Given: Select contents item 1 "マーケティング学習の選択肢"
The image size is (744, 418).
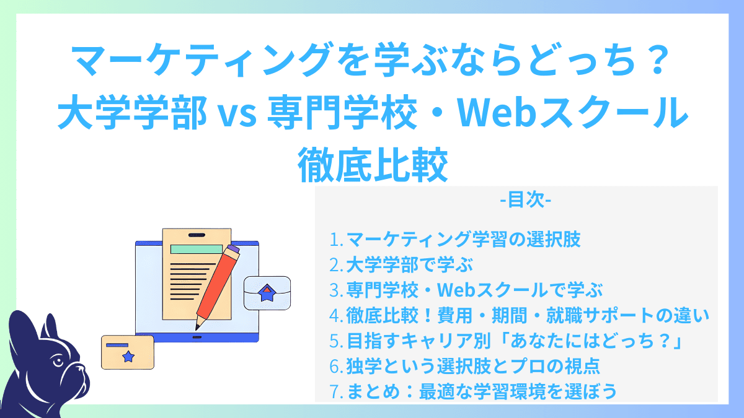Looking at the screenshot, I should click(x=455, y=240).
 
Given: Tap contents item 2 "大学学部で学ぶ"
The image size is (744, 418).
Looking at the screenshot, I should click(x=401, y=266).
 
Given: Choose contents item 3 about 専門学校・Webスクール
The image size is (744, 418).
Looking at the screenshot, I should click(x=466, y=290).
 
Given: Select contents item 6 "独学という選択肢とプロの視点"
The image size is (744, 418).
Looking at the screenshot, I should click(x=464, y=367).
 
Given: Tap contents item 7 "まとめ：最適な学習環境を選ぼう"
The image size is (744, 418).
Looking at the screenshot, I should click(x=472, y=392).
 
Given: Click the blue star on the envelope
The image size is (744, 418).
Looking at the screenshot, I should click(x=267, y=294).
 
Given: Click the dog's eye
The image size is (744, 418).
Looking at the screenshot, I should click(x=56, y=360).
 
